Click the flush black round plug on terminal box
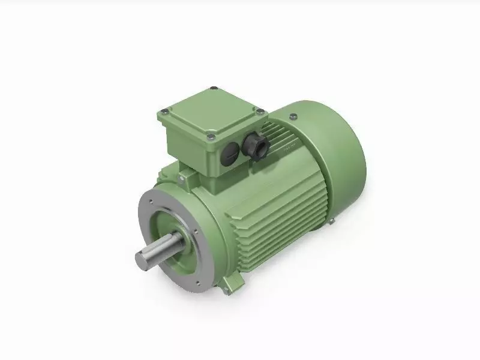(x=229, y=157)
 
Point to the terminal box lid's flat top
(x=211, y=114)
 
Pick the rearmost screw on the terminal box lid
(x=214, y=90)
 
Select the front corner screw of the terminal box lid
(x=210, y=137)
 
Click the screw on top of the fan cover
(x=292, y=116)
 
